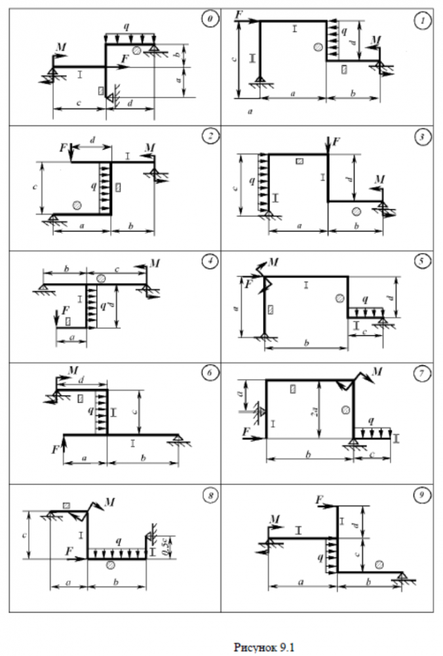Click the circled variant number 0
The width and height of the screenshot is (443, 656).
[x=208, y=20]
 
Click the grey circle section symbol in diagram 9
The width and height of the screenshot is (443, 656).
[x=379, y=564]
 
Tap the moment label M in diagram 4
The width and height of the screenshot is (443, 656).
[x=155, y=263]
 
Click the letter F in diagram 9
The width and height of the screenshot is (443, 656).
[x=319, y=499]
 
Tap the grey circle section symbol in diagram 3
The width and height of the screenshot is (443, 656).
[x=356, y=211]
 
